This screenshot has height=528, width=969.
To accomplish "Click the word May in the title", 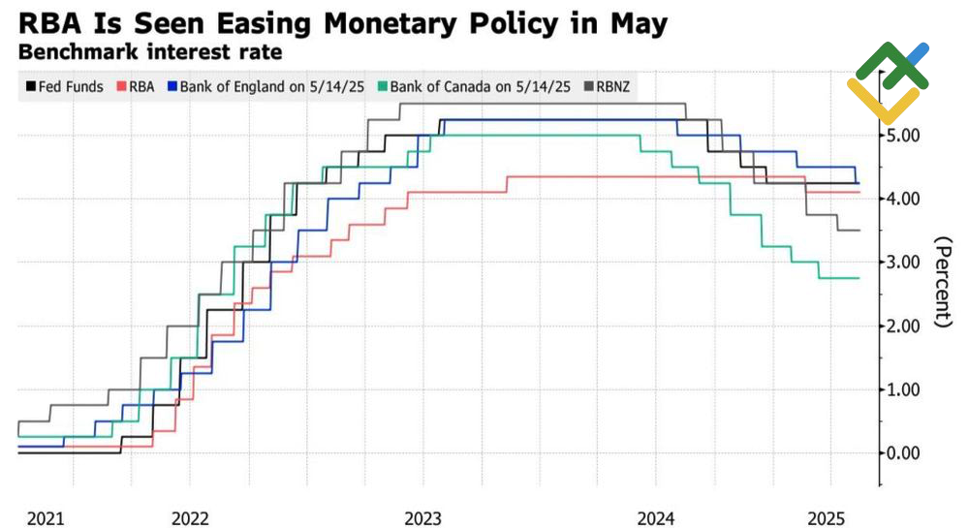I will (635, 23).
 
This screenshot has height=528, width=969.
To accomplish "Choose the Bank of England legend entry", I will (266, 86).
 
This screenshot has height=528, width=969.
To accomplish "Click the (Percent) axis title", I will (941, 281).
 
